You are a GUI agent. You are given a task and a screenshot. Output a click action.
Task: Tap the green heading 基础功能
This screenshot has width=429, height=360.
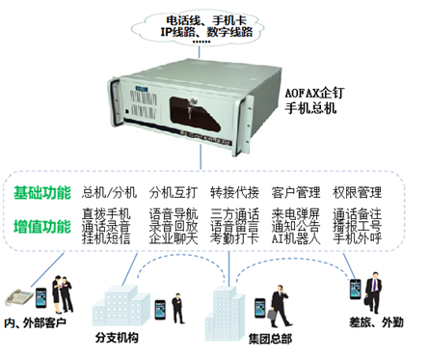[42, 192]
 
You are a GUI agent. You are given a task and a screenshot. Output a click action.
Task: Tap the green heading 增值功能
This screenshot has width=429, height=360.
[42, 226]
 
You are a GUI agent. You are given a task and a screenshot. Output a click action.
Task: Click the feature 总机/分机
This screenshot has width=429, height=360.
[108, 192]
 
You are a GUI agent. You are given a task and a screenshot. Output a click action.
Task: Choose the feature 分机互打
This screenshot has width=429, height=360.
[174, 192]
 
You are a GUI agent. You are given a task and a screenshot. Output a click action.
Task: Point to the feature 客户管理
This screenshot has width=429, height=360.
[297, 192]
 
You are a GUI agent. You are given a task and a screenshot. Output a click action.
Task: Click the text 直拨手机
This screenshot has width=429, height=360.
[107, 214]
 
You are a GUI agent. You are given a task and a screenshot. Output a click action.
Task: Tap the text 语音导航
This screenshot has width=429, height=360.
[174, 214]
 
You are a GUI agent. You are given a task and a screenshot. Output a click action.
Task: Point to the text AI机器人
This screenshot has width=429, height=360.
[297, 237]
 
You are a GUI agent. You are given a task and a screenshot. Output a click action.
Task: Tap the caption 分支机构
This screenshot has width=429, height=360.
[121, 339]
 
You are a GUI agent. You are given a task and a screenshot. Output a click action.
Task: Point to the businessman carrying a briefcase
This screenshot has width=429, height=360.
[371, 285]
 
